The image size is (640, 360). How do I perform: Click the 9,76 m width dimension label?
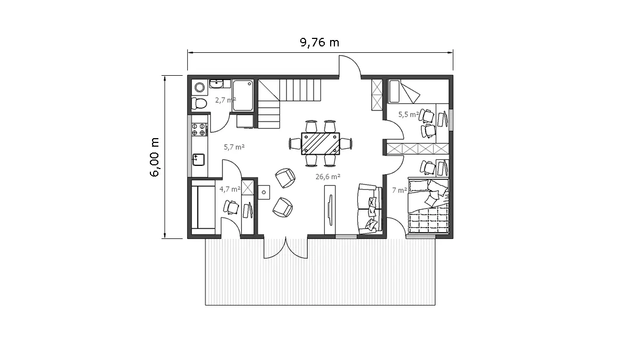(x=319, y=43)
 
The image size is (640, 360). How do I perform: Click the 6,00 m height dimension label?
(x=154, y=157)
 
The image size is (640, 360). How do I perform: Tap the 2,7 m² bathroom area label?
(x=226, y=100)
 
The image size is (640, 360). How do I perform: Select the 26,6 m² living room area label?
(x=327, y=177)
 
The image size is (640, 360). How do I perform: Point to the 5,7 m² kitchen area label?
(x=234, y=147)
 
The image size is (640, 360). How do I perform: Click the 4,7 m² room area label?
(x=230, y=189)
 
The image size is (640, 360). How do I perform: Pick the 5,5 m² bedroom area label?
(x=409, y=114)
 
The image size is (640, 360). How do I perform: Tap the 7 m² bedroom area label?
(x=399, y=190)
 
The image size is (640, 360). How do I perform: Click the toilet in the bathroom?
(x=199, y=103)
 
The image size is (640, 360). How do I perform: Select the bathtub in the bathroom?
(x=243, y=95)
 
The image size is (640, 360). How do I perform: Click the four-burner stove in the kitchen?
(x=199, y=129)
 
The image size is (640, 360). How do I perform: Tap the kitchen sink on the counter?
(x=198, y=159)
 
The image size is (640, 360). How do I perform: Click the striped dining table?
(x=321, y=143)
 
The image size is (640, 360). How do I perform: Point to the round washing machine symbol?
(x=199, y=87)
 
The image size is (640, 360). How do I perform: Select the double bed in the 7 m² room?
(x=428, y=206)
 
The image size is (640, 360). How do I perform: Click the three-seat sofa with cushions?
(x=370, y=209)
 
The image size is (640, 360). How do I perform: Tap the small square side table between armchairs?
(x=264, y=193)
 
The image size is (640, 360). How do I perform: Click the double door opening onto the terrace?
(x=286, y=248)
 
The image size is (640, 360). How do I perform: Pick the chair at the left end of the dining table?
(x=295, y=143)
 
